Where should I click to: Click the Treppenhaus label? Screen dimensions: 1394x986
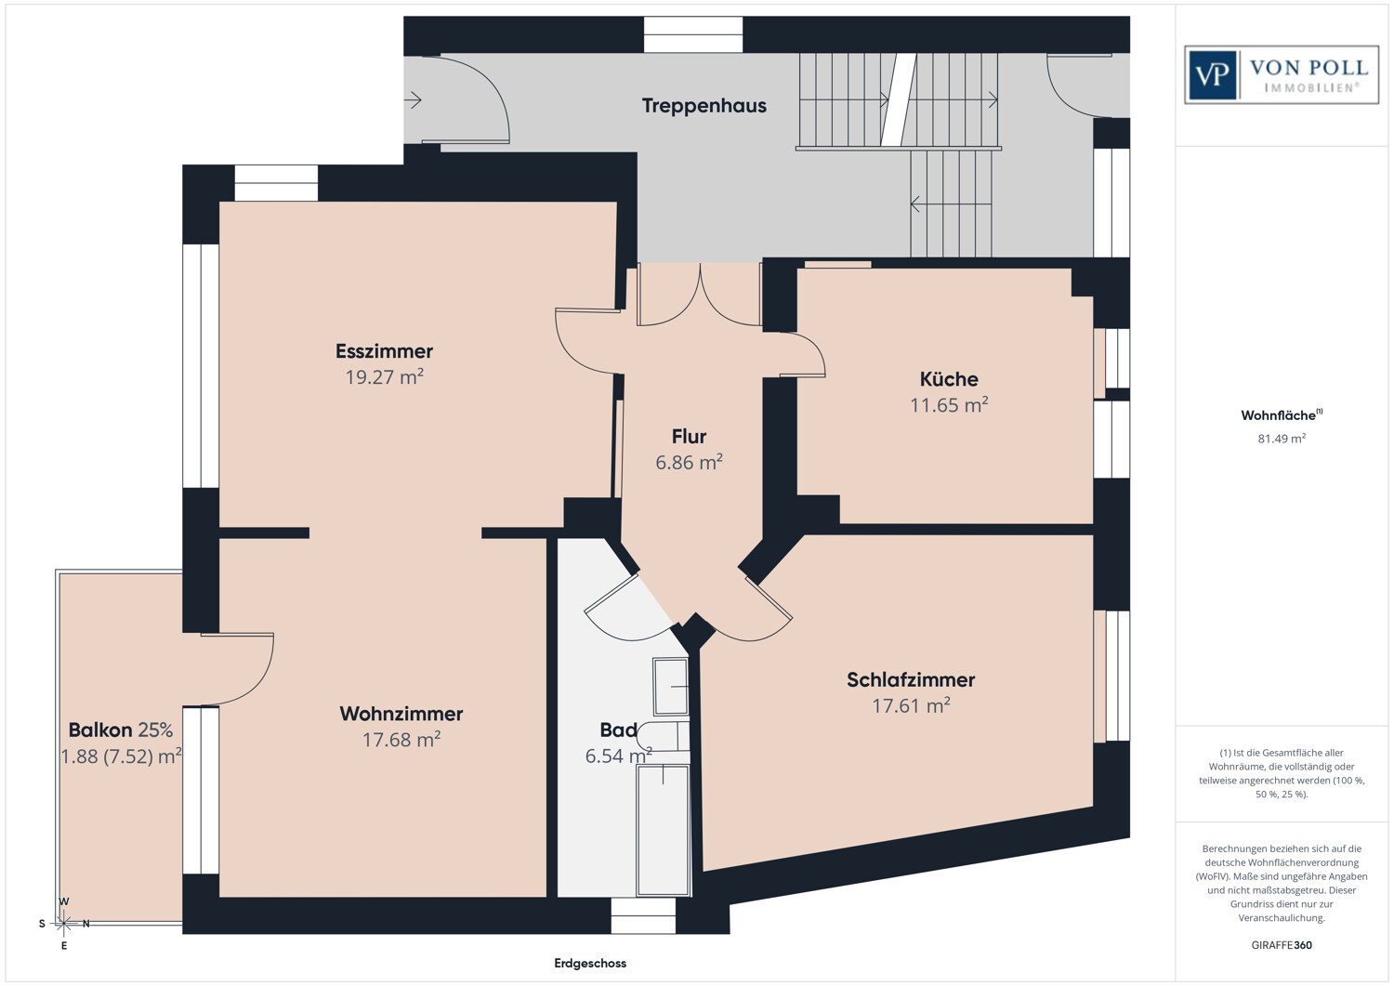704,106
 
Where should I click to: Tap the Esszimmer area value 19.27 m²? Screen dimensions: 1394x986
385,377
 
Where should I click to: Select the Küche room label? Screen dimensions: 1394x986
949,379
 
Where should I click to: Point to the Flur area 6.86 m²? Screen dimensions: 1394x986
689,463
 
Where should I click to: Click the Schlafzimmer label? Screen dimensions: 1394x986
911,679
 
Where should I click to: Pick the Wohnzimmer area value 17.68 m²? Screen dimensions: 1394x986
401,740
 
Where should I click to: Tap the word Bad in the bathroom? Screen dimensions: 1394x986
618,730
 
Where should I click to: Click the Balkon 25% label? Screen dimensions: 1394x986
121,730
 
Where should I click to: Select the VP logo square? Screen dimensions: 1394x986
1212,74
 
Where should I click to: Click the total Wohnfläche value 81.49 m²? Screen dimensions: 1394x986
1282,439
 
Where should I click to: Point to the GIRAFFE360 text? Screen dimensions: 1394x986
1282,945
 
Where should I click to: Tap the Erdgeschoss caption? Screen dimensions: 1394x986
590,963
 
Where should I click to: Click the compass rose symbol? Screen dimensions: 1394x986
63,924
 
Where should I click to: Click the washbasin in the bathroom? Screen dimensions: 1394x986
670,687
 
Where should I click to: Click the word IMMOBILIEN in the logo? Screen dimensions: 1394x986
1311,87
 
